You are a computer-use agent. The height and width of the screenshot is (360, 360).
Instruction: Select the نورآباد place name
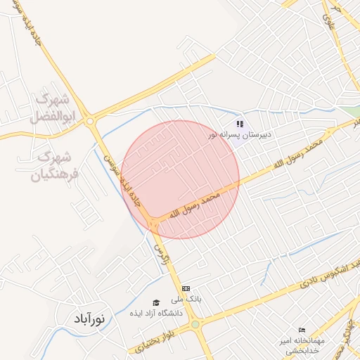coord(89,319)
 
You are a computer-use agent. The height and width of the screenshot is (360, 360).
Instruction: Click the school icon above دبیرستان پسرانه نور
coord(240,124)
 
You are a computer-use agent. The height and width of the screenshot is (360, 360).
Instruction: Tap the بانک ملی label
coord(189,298)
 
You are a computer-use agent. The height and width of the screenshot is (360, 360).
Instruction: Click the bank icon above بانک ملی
coord(186,288)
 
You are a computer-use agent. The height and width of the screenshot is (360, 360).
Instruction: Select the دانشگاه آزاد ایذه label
coord(155,313)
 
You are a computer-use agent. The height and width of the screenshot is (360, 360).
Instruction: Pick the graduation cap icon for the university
coord(156,303)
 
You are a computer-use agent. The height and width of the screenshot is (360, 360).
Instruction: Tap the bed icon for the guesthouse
coord(302,330)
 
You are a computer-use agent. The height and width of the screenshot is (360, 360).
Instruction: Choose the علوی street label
coord(328,22)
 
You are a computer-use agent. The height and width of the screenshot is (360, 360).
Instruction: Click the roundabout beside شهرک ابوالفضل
coord(90,121)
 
